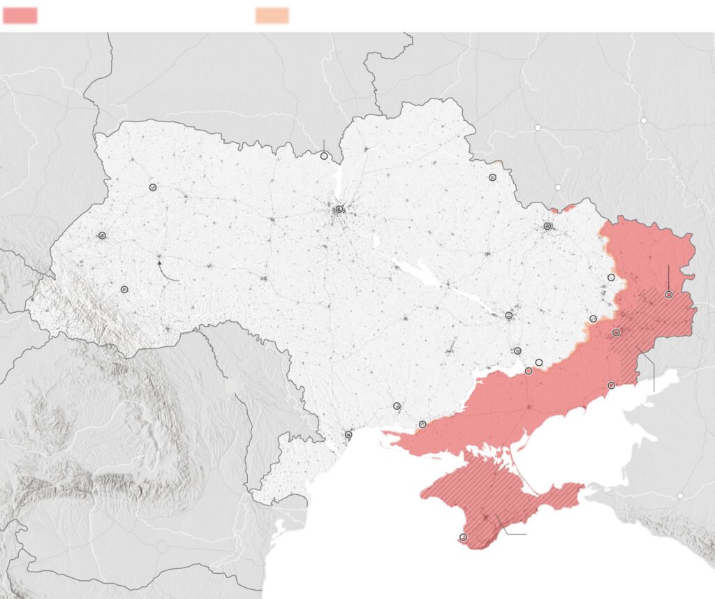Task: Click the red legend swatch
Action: click(20, 15)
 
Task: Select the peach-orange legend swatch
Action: click(272, 15)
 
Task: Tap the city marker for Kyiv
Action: click(339, 209)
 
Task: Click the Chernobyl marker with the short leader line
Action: click(324, 156)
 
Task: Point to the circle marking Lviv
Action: click(102, 236)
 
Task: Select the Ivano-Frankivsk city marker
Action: click(124, 289)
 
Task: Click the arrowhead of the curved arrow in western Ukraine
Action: click(159, 263)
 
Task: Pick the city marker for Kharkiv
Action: click(547, 226)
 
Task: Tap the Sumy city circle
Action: click(492, 178)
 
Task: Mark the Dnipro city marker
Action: click(509, 316)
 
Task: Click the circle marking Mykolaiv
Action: click(397, 406)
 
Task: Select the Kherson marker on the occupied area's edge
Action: click(422, 424)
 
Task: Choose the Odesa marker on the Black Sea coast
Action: click(348, 435)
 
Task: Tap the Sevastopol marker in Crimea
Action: click(463, 537)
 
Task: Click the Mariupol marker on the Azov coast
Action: click(612, 385)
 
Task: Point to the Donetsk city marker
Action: click(616, 333)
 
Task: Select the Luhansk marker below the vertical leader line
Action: click(668, 295)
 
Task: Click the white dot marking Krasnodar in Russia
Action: click(680, 496)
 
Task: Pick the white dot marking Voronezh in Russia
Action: click(644, 120)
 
